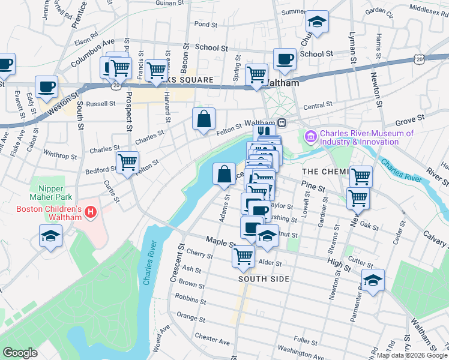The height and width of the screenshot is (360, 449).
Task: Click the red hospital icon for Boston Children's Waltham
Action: (90, 212)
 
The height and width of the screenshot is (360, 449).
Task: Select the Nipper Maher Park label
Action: (51, 197)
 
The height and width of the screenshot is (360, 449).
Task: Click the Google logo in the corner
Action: (20, 353)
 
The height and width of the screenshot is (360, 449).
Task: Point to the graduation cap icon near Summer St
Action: (317, 22)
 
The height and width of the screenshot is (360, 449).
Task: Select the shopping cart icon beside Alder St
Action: (244, 256)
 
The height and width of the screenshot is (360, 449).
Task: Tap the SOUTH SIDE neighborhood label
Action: (264, 279)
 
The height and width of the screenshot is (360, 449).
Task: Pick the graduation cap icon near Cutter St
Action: (373, 280)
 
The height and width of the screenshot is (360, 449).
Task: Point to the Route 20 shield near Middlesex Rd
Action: (420, 58)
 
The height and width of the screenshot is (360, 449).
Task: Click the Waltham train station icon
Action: (282, 122)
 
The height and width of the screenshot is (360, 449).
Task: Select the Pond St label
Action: (205, 25)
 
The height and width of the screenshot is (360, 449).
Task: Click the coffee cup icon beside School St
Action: (285, 59)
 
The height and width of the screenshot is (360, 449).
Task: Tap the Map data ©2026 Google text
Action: (412, 355)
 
